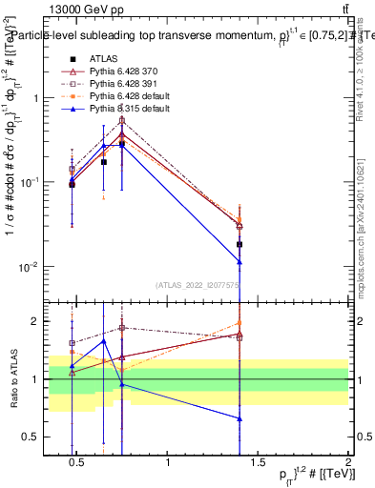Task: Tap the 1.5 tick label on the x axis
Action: [x=259, y=463]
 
